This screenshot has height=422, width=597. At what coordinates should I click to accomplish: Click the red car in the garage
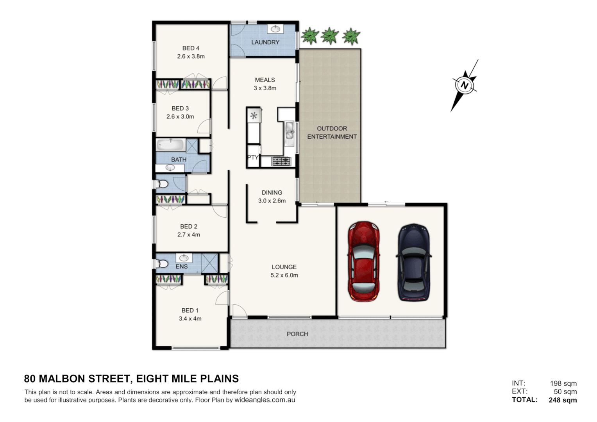tap(363, 261)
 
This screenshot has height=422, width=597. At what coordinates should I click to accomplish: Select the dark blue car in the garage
tap(414, 262)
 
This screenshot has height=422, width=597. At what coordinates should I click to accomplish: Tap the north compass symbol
tap(465, 85)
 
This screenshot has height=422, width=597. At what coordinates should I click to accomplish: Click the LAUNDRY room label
tap(265, 42)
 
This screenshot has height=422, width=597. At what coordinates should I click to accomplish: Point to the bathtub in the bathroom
tap(170, 145)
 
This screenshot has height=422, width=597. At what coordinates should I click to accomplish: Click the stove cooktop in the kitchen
tap(281, 161)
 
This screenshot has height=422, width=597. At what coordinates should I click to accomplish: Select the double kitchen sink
tap(289, 131)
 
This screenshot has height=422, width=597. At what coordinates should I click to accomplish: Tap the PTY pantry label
tap(253, 157)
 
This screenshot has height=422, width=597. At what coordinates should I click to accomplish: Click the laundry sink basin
tap(275, 29)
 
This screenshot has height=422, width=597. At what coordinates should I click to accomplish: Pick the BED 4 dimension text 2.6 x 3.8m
tap(191, 56)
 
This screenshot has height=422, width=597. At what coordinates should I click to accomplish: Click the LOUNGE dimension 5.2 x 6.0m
tap(284, 275)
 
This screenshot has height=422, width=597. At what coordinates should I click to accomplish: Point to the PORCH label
tap(297, 334)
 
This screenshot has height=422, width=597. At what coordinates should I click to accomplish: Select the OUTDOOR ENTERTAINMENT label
tap(332, 132)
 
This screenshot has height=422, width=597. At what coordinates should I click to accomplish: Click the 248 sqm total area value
tap(563, 400)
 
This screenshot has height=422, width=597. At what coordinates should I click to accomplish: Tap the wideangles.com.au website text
tap(265, 400)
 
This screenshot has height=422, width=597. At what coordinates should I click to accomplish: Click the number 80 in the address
tap(30, 379)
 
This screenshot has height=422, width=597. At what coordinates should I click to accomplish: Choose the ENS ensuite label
tap(182, 266)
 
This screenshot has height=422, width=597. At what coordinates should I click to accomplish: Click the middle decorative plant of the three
tap(330, 36)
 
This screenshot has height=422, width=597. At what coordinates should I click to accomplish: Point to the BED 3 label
tap(180, 108)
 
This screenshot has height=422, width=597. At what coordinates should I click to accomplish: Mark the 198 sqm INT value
tap(563, 383)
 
